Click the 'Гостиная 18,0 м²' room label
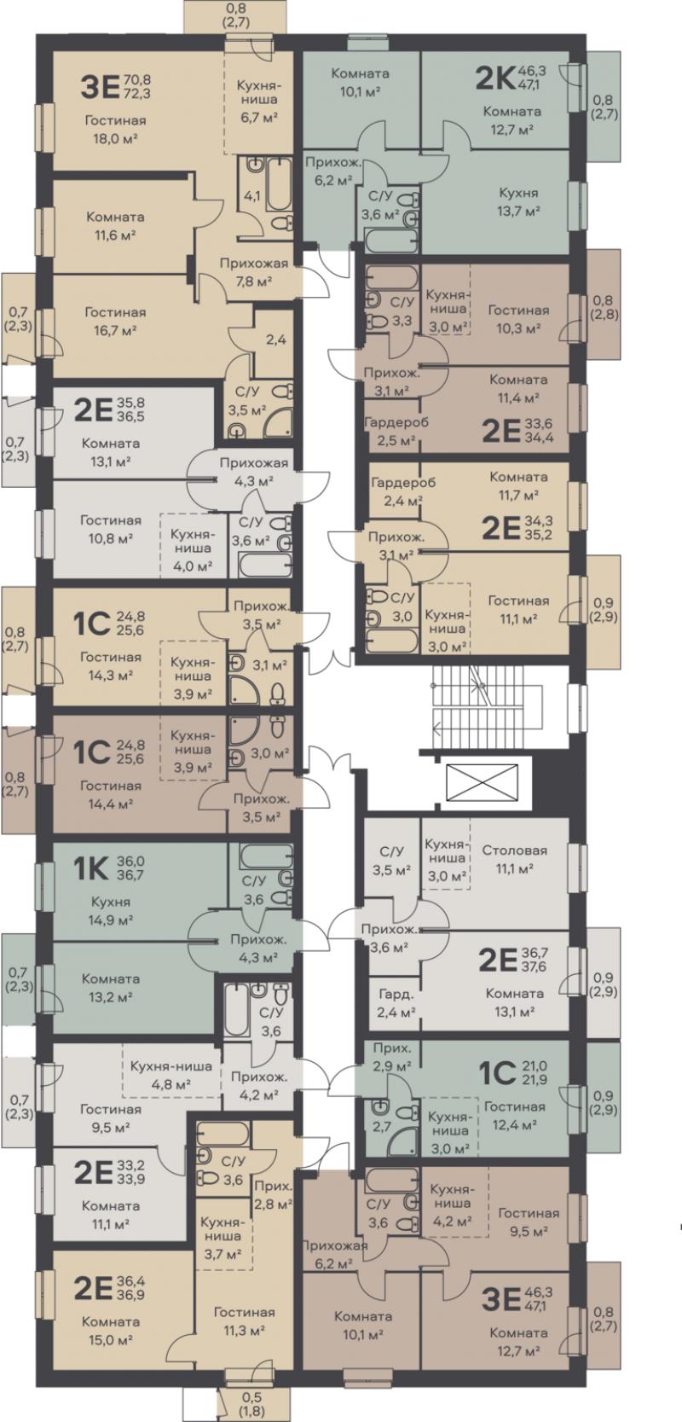coord(115,130)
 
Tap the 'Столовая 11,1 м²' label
coord(514,859)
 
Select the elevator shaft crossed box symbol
coord(482,783)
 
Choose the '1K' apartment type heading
coord(91,868)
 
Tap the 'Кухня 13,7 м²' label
coord(518,202)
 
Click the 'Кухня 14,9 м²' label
coord(110,910)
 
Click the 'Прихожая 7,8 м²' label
coord(254,272)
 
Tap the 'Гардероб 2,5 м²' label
coord(396,431)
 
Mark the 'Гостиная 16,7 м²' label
coord(115,322)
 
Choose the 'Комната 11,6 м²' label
coord(115,225)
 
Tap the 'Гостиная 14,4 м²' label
coord(110,794)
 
